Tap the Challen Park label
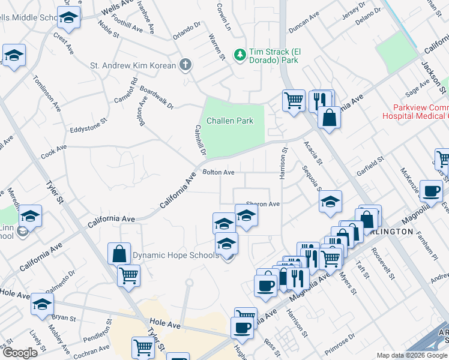pyautogui.click(x=230, y=121)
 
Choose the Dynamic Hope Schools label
pyautogui.click(x=175, y=256)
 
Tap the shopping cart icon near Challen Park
pyautogui.click(x=294, y=100)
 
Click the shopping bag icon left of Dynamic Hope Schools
pyautogui.click(x=119, y=253)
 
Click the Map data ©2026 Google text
pyautogui.click(x=412, y=355)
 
